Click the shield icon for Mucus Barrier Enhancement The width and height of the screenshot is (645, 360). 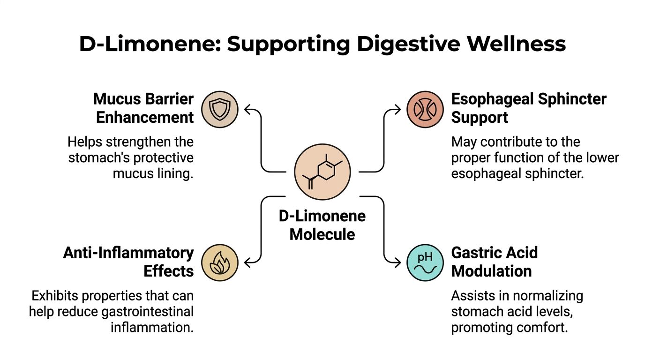point(220,110)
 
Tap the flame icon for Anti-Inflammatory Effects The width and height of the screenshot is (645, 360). point(220,262)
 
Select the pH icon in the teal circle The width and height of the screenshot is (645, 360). point(425,262)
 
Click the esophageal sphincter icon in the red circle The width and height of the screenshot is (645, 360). point(425,110)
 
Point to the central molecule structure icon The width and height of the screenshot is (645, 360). point(322,172)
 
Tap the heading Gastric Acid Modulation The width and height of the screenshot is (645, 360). point(494,262)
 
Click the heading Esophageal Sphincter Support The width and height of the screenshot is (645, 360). point(529,108)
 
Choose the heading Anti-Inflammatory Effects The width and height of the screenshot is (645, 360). point(128,262)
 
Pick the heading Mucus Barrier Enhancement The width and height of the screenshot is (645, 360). point(143,108)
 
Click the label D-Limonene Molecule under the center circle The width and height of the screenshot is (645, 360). point(322,225)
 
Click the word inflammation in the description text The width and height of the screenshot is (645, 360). point(152,327)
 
